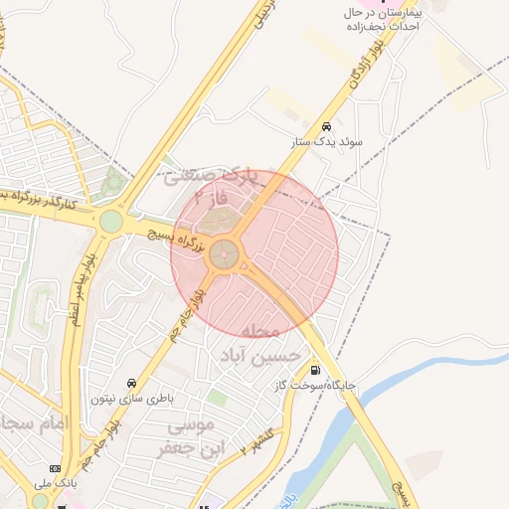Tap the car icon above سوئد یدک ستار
point(326,126)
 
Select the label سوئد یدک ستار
point(327,143)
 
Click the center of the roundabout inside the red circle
point(225,254)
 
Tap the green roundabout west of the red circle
point(110,220)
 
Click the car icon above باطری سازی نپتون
point(131,383)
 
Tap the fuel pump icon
point(316,369)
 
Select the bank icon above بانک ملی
point(54,468)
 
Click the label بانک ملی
point(55,484)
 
